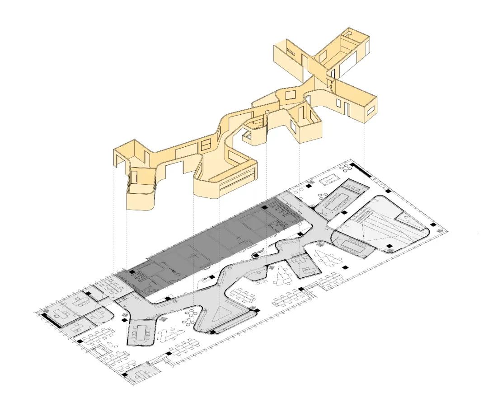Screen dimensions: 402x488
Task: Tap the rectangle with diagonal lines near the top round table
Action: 328,180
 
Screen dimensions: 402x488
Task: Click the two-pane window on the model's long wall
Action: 206,145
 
